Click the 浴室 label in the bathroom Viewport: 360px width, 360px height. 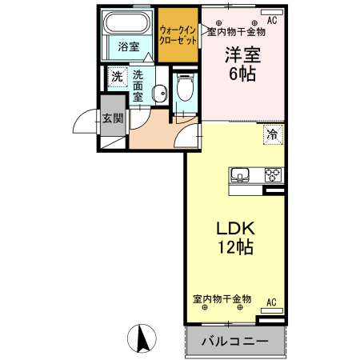128,47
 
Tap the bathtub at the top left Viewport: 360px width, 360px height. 128,24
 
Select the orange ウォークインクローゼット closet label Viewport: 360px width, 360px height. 178,33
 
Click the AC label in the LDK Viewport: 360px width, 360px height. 271,302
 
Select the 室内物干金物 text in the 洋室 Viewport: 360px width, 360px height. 237,32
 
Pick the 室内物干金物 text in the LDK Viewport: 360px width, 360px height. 222,298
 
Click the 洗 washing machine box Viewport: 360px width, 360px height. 117,78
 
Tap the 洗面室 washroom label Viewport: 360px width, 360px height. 138,85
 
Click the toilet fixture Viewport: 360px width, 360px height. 185,87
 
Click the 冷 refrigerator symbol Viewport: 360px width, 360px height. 273,135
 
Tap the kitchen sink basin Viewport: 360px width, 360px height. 242,175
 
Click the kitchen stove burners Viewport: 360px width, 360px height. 272,175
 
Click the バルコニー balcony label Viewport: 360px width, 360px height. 234,342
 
